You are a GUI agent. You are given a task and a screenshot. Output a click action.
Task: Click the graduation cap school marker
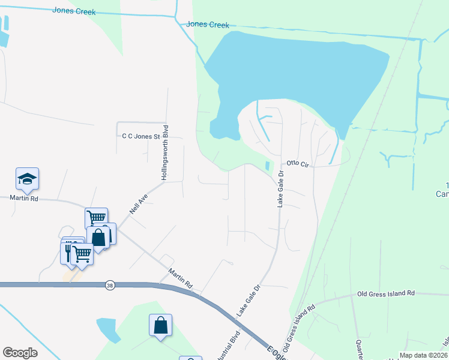coord(27,178)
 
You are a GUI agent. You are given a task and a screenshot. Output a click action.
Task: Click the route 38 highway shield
coord(109,284)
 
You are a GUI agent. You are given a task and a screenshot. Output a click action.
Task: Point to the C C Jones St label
coord(142,137)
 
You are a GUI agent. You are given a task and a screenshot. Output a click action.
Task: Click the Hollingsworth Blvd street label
coord(165,153)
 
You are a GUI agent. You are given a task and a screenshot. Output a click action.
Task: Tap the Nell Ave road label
coord(138,203)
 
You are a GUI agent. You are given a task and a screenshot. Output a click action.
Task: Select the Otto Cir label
coord(297,163)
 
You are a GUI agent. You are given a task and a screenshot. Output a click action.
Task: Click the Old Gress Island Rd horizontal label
coord(386,293)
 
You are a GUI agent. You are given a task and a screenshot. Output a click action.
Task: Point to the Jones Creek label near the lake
coord(208,24)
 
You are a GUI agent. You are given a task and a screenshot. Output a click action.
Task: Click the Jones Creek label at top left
coord(74,10)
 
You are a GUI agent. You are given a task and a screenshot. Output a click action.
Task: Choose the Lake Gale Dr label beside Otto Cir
coord(280,189)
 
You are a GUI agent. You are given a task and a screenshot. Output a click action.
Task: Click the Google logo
coord(20,353)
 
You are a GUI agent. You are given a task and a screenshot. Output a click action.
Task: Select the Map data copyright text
coord(423,355)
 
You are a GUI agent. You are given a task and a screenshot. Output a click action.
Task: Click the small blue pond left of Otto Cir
coord(268,166)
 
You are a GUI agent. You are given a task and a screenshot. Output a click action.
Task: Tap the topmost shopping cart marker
coord(96,217)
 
